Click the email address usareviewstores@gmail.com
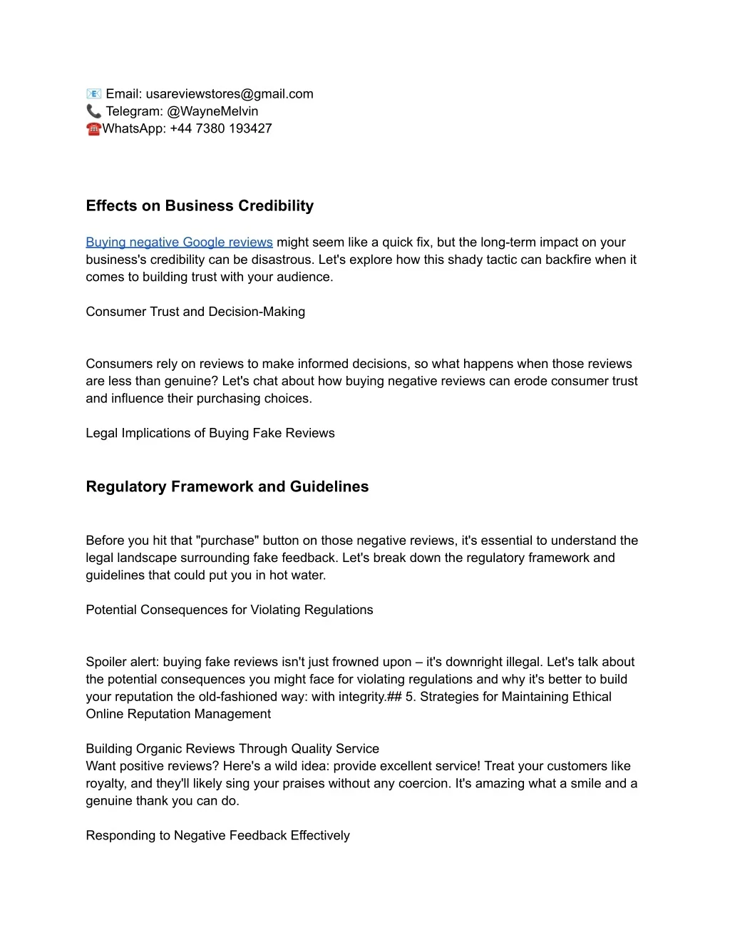230,94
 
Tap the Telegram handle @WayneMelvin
212,111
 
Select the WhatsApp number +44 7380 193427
221,128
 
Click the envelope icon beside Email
93,94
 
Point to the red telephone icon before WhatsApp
93,129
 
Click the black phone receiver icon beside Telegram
93,111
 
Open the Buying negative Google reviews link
179,242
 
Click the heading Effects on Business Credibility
200,206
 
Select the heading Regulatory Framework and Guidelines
227,487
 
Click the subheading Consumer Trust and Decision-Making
195,312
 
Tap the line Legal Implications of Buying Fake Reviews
210,433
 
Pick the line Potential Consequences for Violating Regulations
229,610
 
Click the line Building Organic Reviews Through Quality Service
232,749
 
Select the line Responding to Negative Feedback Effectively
217,835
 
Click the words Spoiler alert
122,662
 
